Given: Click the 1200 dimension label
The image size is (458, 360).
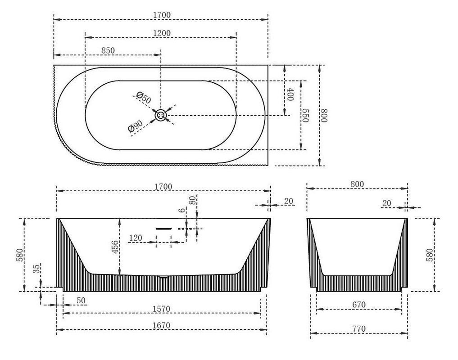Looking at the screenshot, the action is point(162,33).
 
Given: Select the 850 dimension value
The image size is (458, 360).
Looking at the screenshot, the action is point(108,50).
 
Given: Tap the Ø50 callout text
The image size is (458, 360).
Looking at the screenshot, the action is point(144,98).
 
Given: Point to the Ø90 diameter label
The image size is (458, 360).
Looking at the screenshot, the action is point(136,126).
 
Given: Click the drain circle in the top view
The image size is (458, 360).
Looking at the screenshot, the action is point(161,115).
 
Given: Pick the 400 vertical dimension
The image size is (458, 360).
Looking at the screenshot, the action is point(290,94).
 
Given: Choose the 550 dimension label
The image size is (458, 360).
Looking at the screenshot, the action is point(305,116).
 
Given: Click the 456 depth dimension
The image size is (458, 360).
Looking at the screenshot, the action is point(115,247).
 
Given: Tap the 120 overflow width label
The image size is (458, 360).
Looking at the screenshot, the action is point(136,238).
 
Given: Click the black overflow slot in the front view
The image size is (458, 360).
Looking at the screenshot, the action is point(163,229).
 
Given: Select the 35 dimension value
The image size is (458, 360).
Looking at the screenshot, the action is point(36,269).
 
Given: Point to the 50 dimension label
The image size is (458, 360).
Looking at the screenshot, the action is point(81,301).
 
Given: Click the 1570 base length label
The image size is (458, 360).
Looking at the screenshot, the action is point(161,309).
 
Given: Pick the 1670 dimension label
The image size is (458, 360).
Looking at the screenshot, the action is point(161,325).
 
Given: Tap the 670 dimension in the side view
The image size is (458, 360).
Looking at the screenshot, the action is point(358,305).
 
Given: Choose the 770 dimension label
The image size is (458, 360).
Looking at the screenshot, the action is point(358,329).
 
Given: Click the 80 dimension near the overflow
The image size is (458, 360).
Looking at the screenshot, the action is point(192,200).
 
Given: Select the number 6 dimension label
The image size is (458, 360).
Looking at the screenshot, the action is point(182,210).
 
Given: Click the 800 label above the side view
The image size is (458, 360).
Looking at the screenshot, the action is point(357,184).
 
